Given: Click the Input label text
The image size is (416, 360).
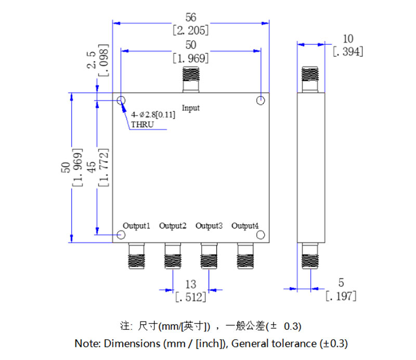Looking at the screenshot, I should point(191,108).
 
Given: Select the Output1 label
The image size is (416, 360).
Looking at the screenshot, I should point(136,226).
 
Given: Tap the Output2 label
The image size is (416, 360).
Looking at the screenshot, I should point(173,226).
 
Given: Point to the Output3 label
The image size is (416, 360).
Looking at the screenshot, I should point(209,226).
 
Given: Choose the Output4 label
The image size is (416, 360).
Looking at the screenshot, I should point(245,226).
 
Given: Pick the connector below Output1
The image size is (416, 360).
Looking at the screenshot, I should point(136,256).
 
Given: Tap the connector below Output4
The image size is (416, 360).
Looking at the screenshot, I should point(245,256).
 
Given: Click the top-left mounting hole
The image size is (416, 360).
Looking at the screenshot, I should point(121,100).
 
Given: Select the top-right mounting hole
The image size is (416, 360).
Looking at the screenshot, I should point(262,100).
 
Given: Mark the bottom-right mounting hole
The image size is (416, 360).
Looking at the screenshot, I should point(262,235).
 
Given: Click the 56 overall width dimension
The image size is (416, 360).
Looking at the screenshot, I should point(191,18).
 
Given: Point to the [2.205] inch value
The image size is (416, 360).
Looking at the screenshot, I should point(191,30).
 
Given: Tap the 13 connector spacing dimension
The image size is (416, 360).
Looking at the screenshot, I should point(191,285).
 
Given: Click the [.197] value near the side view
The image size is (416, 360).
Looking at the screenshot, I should point(341,296).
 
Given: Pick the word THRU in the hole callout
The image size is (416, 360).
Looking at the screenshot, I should point(143,125).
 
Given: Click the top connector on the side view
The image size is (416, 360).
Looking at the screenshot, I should point(310,80).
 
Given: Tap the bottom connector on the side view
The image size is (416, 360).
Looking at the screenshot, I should point(310,256).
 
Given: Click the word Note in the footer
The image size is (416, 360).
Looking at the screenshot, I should point(86,343).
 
